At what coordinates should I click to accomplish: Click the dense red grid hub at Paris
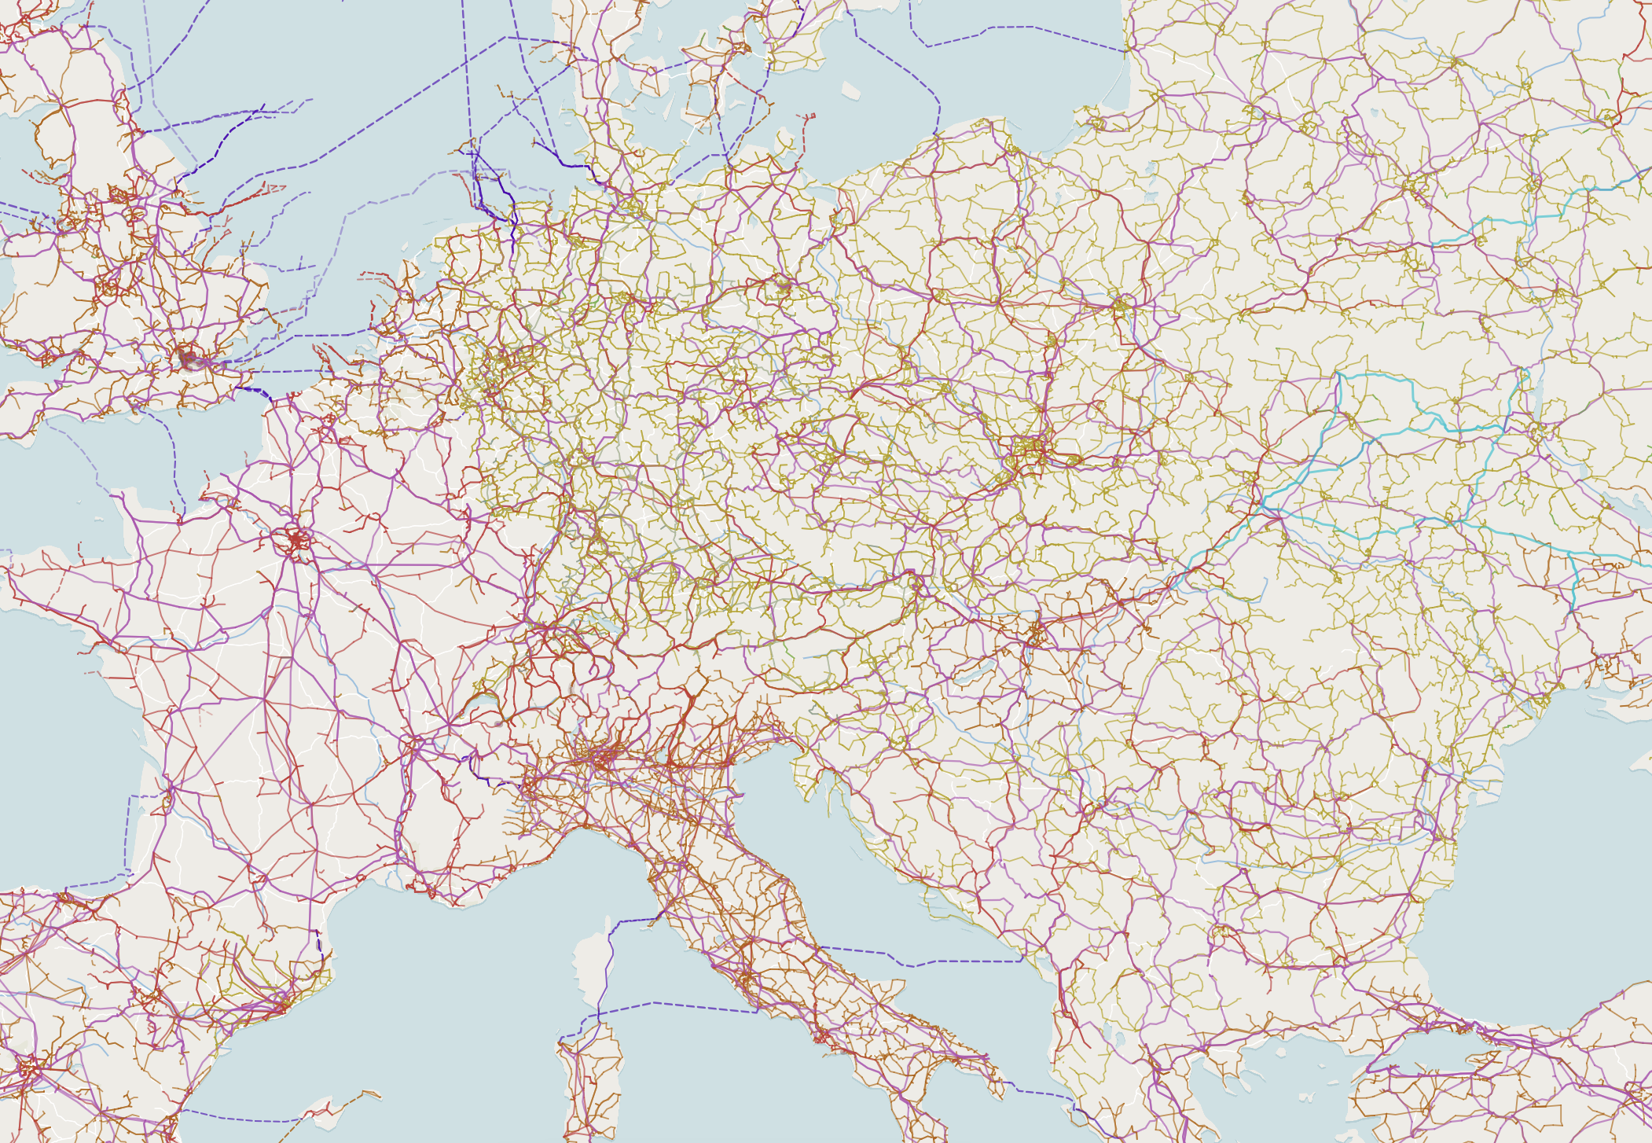[296, 541]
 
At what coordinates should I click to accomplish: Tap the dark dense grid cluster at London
[189, 359]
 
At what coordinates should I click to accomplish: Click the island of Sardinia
[593, 1085]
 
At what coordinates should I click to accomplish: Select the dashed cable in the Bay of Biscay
[126, 833]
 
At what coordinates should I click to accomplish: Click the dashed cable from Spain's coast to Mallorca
[236, 1117]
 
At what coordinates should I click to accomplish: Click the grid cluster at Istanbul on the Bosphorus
[1466, 1026]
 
